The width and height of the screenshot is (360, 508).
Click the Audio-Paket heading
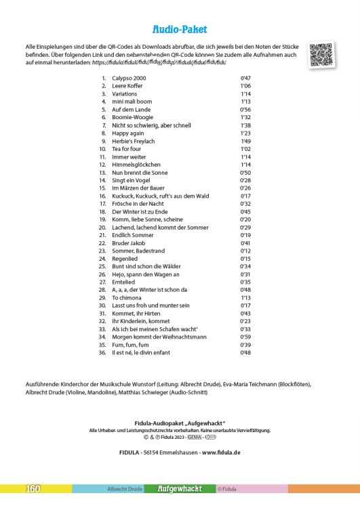(180, 30)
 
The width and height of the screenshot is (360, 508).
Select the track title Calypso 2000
(129, 78)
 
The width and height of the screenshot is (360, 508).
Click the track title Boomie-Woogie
(131, 117)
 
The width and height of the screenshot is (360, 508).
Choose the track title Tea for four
(125, 148)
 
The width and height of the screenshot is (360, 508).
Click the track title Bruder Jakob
(127, 243)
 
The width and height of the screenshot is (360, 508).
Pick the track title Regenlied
(125, 259)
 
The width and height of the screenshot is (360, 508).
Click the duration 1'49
(245, 141)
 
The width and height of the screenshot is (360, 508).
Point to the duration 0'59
(245, 337)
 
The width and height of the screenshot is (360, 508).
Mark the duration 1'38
(245, 125)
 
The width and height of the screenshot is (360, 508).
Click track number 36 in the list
(102, 353)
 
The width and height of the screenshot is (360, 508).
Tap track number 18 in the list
(103, 211)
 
